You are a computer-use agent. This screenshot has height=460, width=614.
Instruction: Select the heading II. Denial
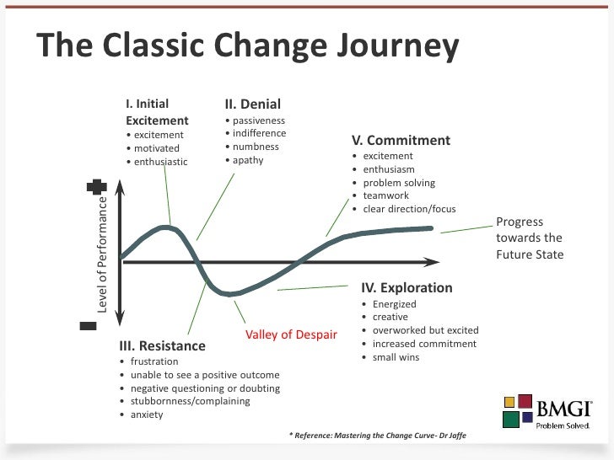point(252,104)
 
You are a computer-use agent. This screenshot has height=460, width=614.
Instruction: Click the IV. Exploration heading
point(407,287)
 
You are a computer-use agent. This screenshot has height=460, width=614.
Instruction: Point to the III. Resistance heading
point(164,345)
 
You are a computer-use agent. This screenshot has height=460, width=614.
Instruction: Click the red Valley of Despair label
point(291,334)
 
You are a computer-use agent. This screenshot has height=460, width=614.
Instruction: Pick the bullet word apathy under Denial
point(248,160)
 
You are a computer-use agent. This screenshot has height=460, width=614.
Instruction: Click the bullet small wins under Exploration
point(396,357)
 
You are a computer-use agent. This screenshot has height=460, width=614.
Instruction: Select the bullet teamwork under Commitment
point(386,195)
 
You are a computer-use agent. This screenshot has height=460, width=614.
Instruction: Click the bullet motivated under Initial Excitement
point(156,148)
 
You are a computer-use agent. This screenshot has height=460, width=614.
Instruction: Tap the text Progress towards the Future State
point(529,238)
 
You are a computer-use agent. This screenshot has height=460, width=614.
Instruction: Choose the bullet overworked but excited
point(425,330)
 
